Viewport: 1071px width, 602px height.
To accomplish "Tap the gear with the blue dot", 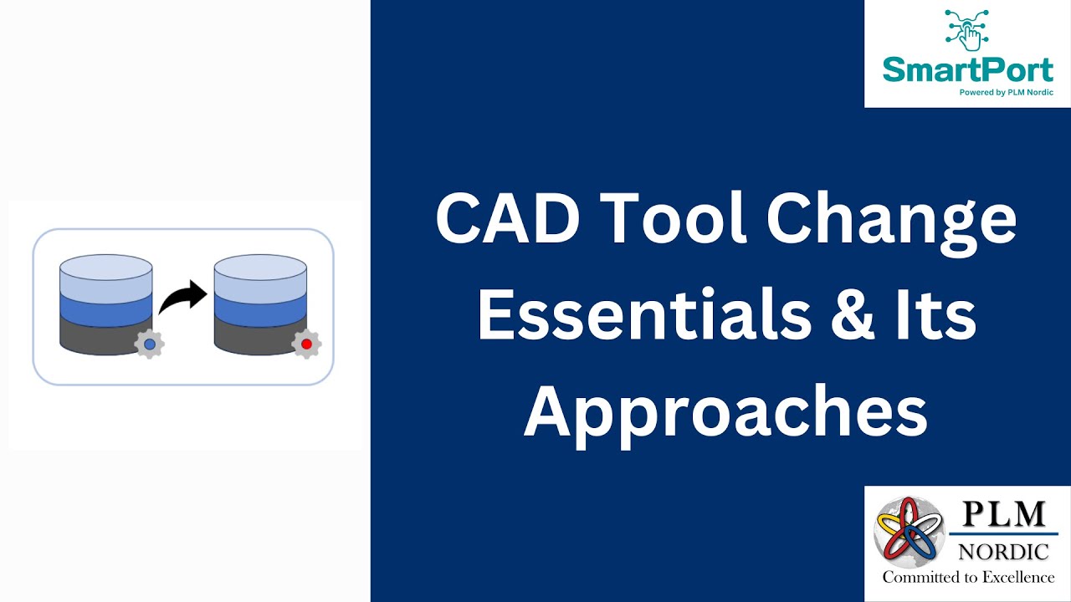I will pyautogui.click(x=149, y=344).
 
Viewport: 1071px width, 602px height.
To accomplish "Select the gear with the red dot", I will pyautogui.click(x=306, y=344).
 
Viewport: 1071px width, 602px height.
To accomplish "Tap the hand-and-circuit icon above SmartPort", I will pyautogui.click(x=967, y=31).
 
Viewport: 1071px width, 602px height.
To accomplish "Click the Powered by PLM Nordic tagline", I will pyautogui.click(x=1005, y=93).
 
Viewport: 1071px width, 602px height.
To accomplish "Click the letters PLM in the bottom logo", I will pyautogui.click(x=1004, y=514).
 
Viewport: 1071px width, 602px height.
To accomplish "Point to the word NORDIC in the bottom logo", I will pyautogui.click(x=1003, y=552).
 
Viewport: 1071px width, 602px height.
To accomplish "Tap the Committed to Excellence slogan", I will pyautogui.click(x=968, y=577).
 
